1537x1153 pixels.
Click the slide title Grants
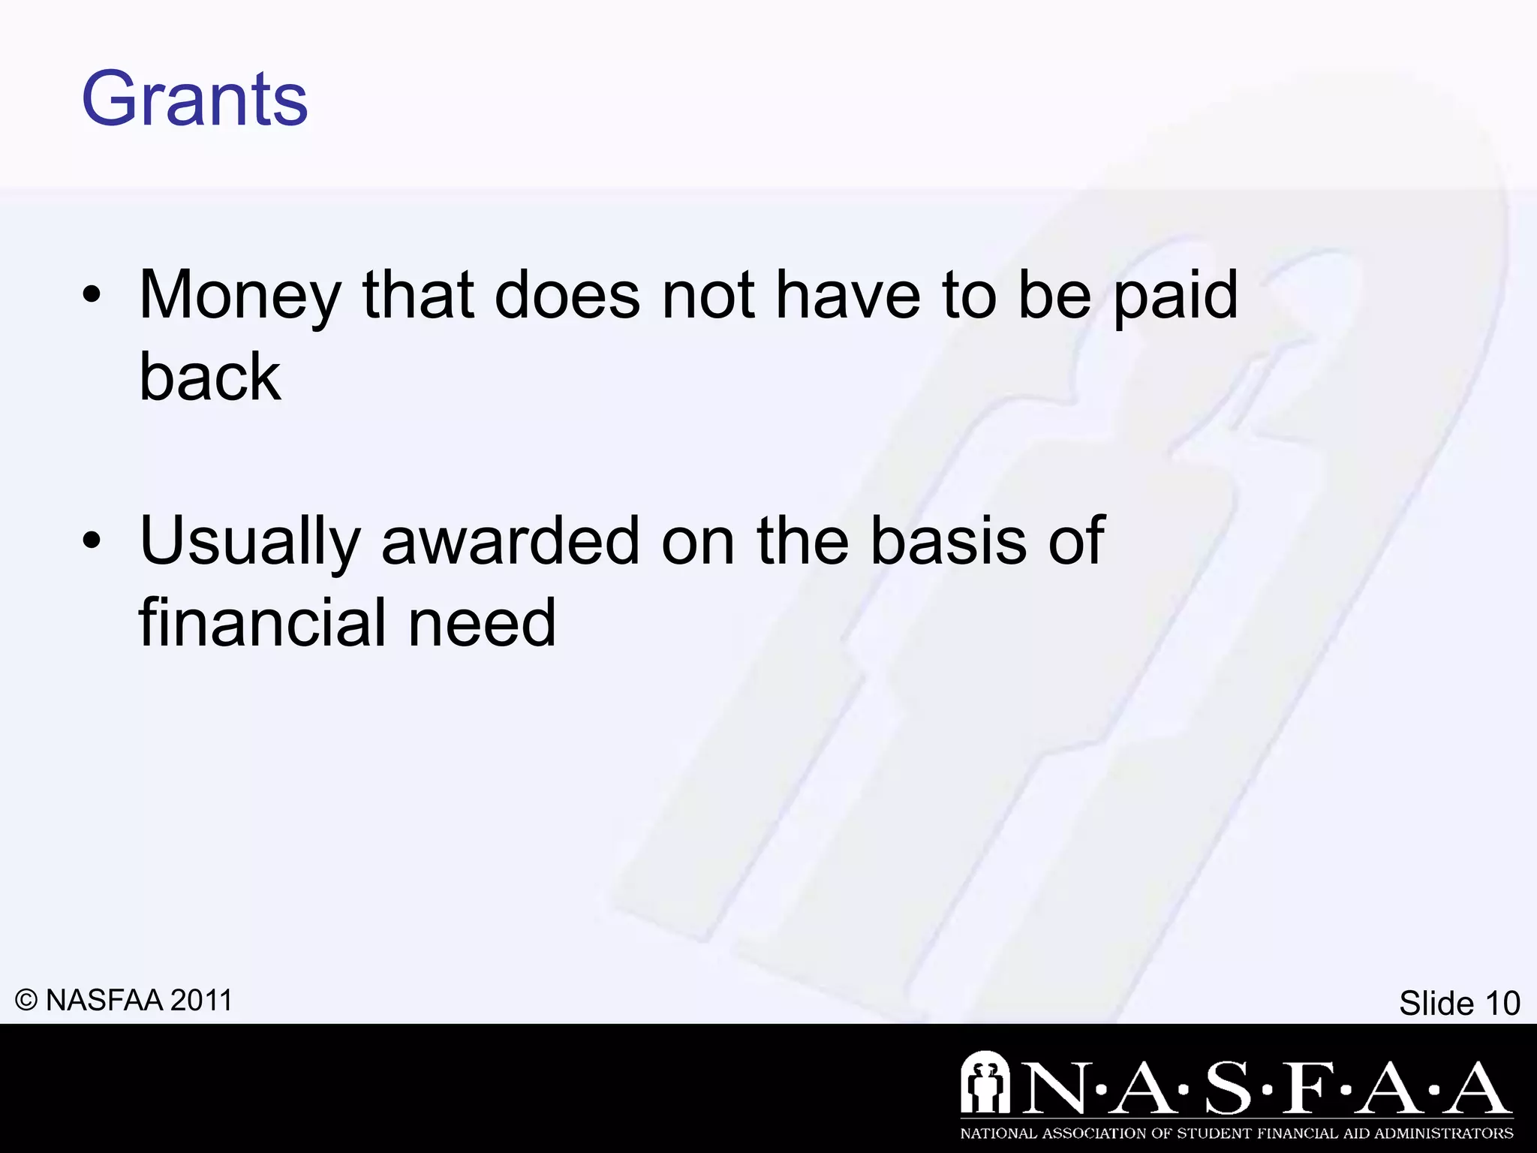[x=194, y=99]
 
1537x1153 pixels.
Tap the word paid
[x=1175, y=297]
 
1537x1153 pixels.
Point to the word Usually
[x=250, y=542]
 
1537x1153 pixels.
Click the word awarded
[x=510, y=542]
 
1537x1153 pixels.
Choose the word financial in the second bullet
[x=263, y=623]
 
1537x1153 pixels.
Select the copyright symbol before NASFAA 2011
[x=26, y=1001]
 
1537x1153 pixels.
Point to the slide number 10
[x=1502, y=1004]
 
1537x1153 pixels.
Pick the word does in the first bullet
[x=567, y=297]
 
